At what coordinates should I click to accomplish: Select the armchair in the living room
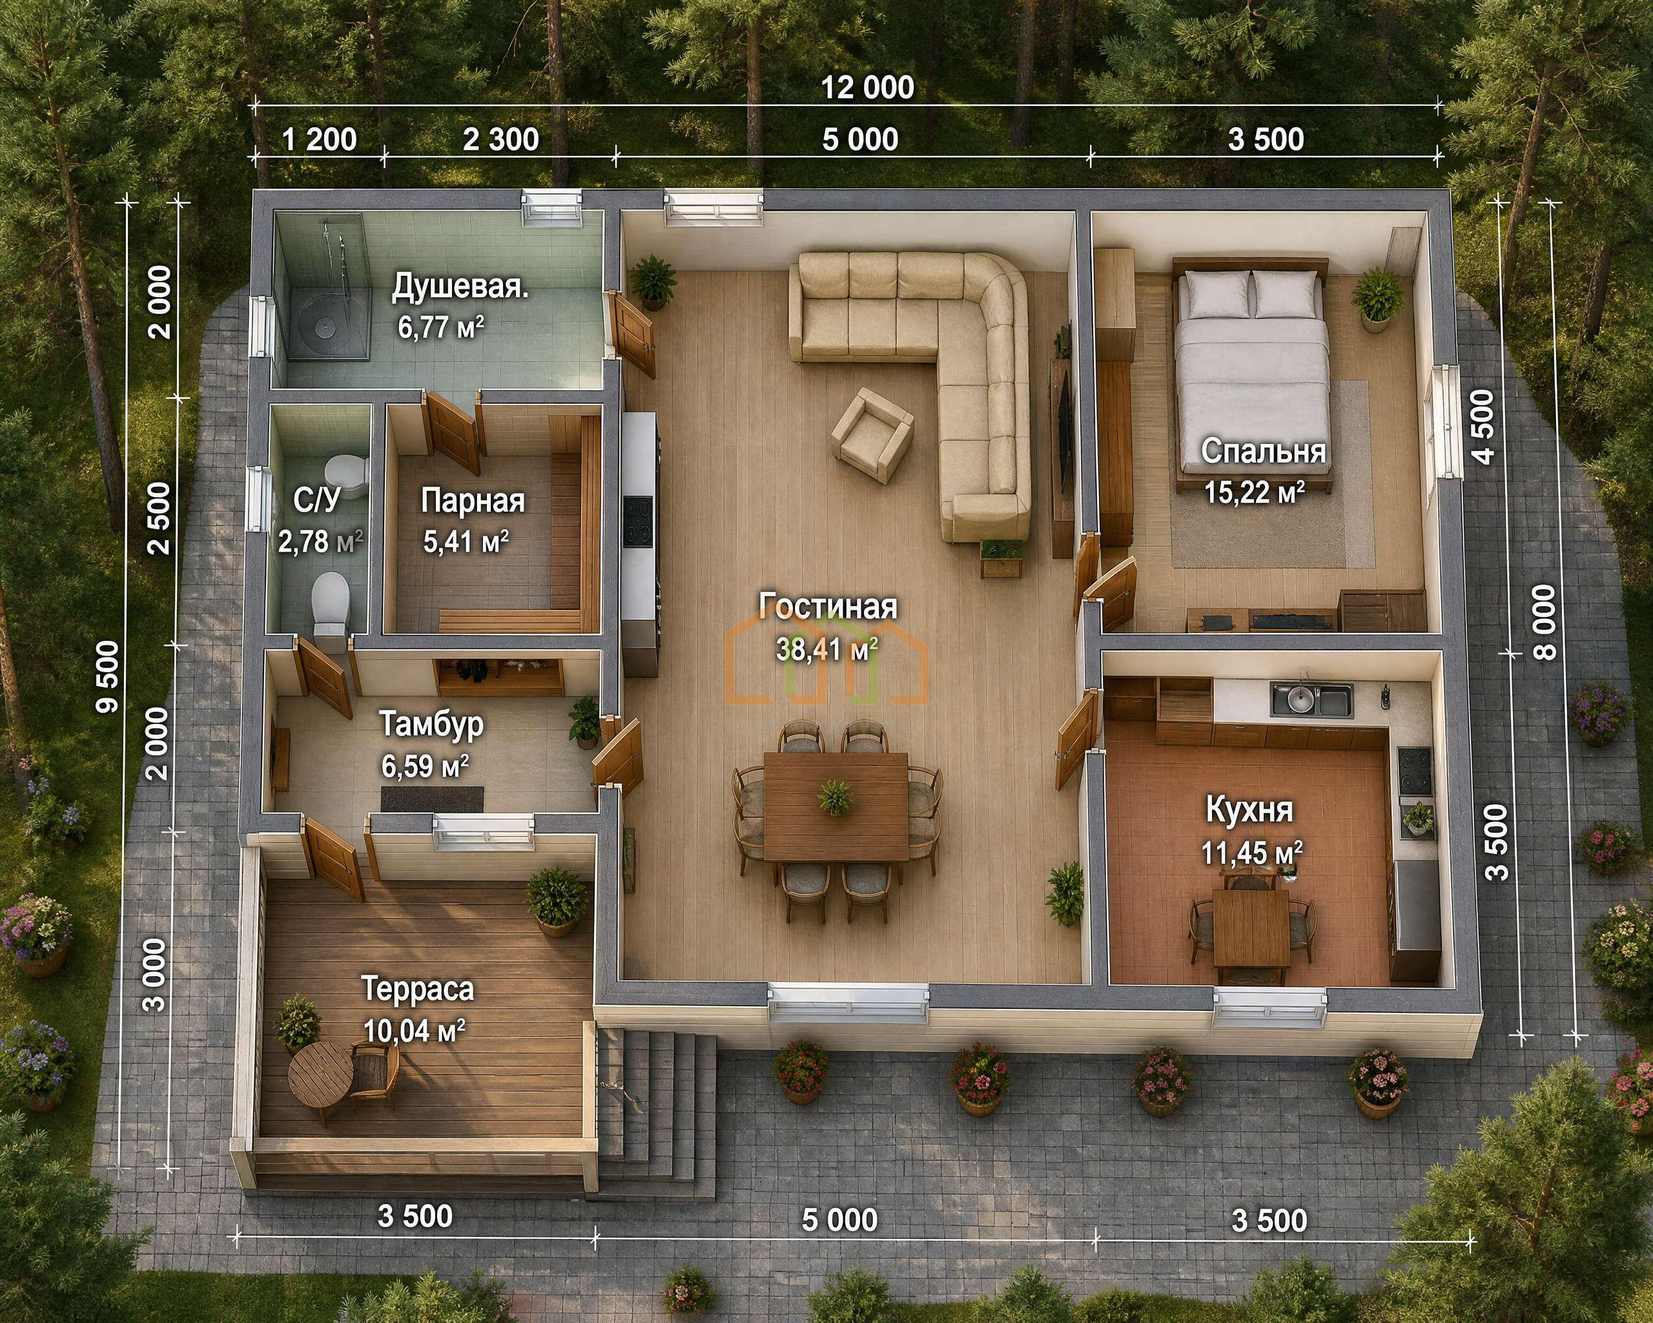[x=873, y=434]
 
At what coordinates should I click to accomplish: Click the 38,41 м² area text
[x=827, y=651]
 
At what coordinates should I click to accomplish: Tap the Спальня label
[x=1263, y=451]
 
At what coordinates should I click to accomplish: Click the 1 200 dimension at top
[x=320, y=140]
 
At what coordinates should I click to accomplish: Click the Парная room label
[x=473, y=501]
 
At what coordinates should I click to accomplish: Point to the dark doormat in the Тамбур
[x=433, y=798]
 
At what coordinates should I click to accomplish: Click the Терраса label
[x=418, y=990]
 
